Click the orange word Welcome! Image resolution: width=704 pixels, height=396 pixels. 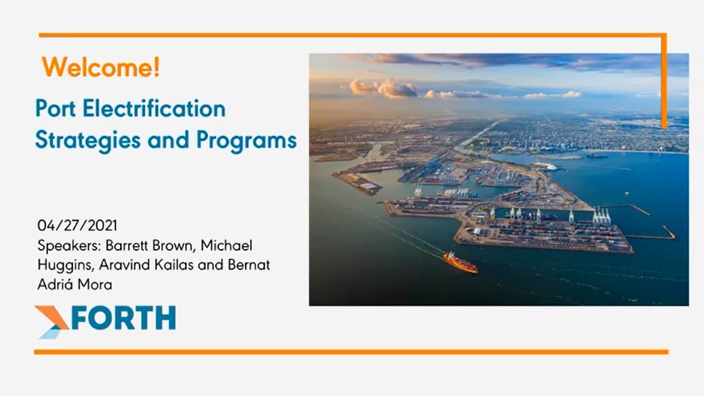101,67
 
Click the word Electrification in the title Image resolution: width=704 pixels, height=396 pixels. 154,109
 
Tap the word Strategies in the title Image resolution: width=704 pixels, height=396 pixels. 88,141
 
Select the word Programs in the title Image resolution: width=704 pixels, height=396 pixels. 246,141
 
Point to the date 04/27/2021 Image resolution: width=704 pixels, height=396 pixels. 77,226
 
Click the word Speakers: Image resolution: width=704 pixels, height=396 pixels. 69,246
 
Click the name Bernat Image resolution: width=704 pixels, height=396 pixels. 249,265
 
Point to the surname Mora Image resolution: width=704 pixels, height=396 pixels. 94,285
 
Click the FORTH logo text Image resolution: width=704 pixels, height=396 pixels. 124,318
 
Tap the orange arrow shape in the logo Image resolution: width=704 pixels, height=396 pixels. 52,317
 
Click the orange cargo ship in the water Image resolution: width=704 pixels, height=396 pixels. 461,262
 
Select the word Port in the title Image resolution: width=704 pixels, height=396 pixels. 56,109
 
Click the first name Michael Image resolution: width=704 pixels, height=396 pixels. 226,245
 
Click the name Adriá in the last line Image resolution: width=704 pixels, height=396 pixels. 55,285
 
